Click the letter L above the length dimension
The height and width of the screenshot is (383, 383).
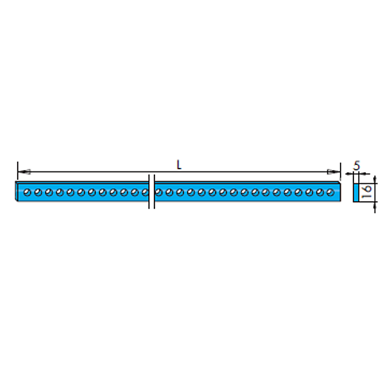pos(179,165)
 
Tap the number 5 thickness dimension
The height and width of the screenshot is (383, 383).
pos(357,166)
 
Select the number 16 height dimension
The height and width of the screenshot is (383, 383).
pos(367,192)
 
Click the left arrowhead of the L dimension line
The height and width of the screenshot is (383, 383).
pos(24,171)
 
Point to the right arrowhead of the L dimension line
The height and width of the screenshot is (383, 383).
pos(334,171)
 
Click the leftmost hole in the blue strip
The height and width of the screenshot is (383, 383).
pos(28,193)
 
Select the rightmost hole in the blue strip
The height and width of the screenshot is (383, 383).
pos(331,193)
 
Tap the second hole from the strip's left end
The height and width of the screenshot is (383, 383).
pos(38,193)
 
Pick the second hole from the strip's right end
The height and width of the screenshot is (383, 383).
pos(320,193)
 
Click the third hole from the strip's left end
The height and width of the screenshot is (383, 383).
pos(49,193)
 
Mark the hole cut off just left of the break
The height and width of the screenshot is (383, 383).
pos(145,193)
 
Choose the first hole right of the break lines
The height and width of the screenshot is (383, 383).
pos(159,193)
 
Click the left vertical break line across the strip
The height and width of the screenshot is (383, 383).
pos(149,192)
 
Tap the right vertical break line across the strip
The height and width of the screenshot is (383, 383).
pos(154,192)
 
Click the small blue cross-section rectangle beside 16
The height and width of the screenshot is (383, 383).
pos(356,193)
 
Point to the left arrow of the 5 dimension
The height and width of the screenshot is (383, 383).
pos(349,174)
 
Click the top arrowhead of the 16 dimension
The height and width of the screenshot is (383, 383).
pos(375,179)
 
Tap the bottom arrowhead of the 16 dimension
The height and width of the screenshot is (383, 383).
pos(375,207)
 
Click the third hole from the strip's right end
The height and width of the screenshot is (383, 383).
pos(309,193)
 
